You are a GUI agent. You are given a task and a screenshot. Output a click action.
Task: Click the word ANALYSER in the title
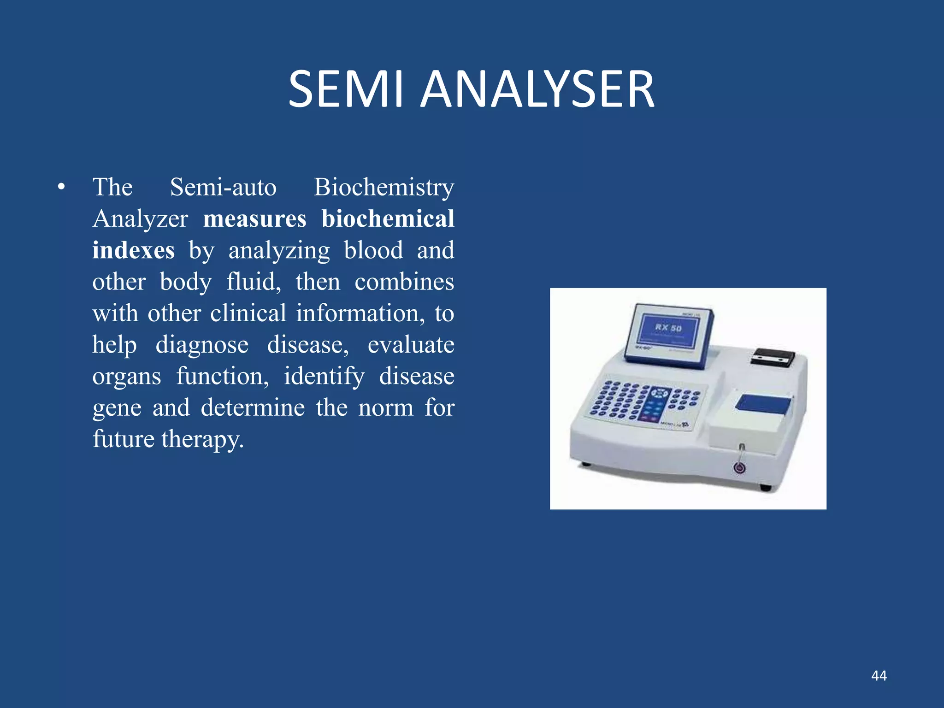pos(537,89)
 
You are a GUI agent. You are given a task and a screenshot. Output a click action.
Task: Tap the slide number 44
pos(879,676)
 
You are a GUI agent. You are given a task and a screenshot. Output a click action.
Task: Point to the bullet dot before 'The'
pos(61,188)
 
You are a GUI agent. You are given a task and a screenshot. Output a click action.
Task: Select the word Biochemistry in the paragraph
pos(384,188)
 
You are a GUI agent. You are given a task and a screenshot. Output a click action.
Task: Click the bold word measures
pos(254,219)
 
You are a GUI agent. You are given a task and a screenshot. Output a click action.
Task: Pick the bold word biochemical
pos(388,219)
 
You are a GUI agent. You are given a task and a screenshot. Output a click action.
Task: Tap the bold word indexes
pos(133,250)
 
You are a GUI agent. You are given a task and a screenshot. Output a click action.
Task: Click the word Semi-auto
pos(223,188)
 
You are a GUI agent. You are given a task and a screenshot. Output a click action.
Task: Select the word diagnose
pos(202,345)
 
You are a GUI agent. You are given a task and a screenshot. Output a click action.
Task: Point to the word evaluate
pos(411,345)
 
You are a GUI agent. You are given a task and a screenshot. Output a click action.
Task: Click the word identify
pos(324,377)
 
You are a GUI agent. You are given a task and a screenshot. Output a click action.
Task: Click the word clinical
pos(248,313)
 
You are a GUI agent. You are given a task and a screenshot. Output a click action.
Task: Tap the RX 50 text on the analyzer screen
pos(668,328)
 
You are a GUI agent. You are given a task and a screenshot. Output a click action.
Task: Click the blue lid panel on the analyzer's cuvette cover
pos(763,404)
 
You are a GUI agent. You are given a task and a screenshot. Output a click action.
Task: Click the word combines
pos(404,282)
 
